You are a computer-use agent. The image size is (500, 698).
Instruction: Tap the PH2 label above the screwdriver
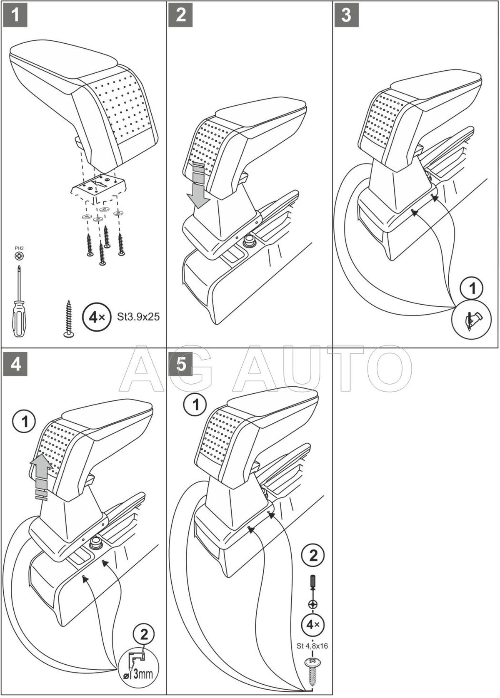[18, 248]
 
